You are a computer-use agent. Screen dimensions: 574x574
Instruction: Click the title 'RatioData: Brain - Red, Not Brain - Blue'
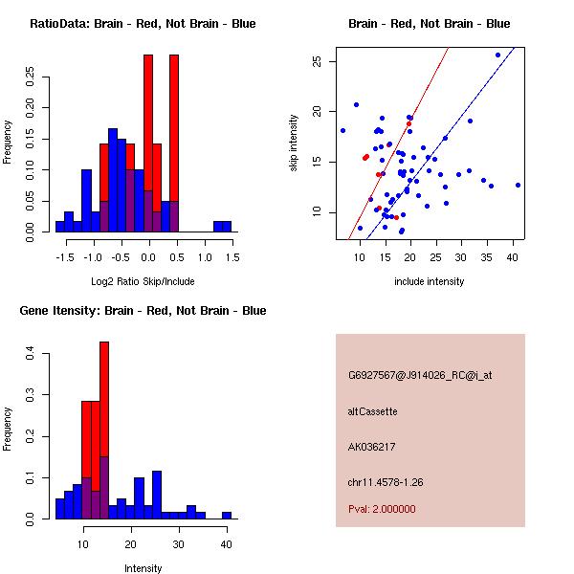click(143, 24)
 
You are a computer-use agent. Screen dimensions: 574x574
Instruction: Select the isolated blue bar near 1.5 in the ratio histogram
click(222, 226)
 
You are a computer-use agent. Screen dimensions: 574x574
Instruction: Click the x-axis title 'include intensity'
click(429, 281)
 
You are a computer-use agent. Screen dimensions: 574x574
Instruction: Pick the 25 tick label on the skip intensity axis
click(316, 61)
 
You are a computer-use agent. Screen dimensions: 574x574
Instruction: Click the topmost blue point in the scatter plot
click(497, 55)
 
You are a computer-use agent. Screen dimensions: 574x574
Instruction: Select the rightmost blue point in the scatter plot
click(518, 185)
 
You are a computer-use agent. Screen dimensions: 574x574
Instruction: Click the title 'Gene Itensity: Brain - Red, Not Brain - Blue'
click(137, 311)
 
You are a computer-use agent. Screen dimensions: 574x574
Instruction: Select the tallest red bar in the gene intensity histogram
click(104, 430)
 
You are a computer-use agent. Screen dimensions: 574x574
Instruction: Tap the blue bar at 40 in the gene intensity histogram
click(227, 515)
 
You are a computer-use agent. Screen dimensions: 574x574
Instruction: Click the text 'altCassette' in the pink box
click(372, 411)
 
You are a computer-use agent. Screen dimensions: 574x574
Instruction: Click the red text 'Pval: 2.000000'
click(382, 509)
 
